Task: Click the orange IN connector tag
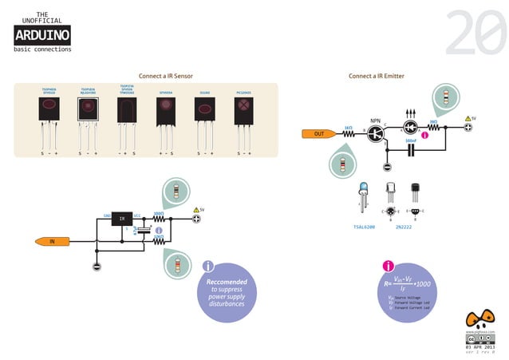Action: [x=52, y=240]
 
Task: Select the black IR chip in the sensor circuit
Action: [x=122, y=218]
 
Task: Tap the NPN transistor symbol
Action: [x=377, y=133]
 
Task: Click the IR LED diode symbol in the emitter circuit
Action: [x=412, y=127]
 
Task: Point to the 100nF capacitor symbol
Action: [x=411, y=151]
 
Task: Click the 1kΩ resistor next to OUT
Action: [x=349, y=133]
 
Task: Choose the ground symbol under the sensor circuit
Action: [x=97, y=266]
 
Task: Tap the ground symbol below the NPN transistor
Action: [x=387, y=167]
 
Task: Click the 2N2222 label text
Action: [x=404, y=227]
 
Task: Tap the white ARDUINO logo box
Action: [x=42, y=34]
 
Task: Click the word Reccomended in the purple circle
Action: [x=227, y=282]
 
